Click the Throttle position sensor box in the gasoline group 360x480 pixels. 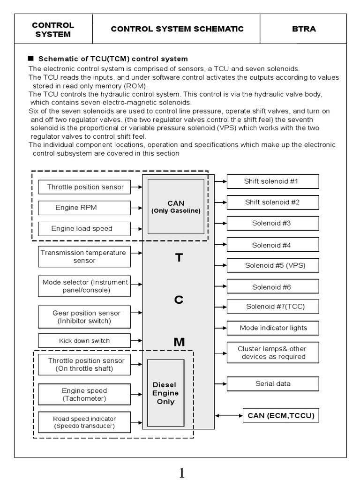click(84, 187)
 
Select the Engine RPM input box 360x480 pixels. click(84, 208)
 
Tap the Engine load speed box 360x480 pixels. click(84, 229)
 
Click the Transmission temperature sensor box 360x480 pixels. click(84, 256)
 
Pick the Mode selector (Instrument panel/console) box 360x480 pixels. click(84, 286)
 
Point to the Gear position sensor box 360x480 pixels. click(84, 317)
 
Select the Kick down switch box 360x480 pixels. click(84, 341)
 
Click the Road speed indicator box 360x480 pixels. click(84, 422)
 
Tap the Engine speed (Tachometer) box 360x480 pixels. click(84, 394)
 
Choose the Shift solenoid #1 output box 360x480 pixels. click(273, 181)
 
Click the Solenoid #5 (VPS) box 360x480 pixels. click(273, 265)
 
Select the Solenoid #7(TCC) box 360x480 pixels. click(273, 307)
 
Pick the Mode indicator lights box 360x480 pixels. click(273, 328)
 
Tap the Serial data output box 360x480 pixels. click(273, 383)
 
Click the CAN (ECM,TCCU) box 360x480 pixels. click(281, 415)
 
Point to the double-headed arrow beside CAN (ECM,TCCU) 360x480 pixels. click(228, 415)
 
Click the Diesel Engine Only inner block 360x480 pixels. click(165, 393)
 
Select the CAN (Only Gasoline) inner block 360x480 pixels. click(176, 206)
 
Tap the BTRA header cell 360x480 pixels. click(303, 29)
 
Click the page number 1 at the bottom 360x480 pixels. click(181, 473)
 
